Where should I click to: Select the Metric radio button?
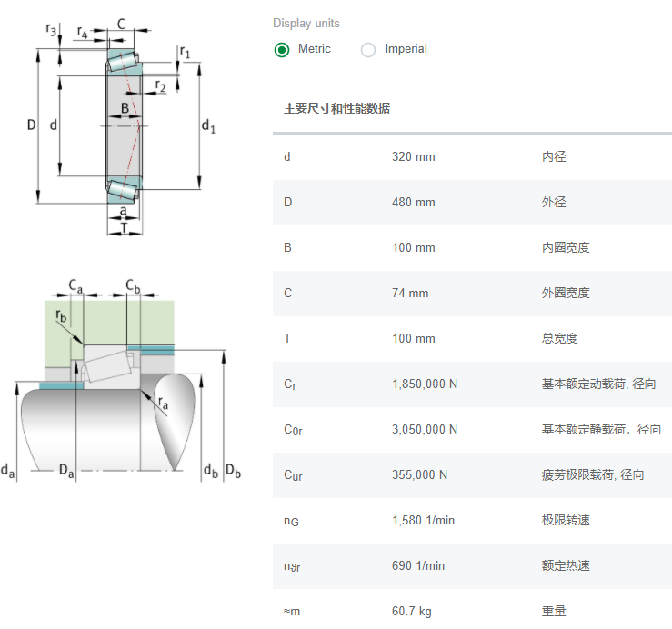(x=282, y=50)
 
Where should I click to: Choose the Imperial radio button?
(x=368, y=50)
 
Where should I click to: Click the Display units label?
(x=306, y=23)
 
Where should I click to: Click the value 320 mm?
(x=413, y=156)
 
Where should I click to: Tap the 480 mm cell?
(x=413, y=202)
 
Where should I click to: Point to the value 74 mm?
(x=409, y=293)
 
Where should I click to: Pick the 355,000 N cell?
(x=419, y=474)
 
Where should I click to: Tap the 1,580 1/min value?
(x=423, y=520)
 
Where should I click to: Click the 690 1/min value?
(x=418, y=565)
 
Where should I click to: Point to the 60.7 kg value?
(x=411, y=611)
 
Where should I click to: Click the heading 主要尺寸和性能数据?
(x=336, y=108)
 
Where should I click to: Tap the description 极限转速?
(x=566, y=520)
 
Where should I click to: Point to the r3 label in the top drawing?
(x=51, y=30)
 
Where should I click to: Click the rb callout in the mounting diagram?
(x=61, y=316)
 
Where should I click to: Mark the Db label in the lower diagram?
(x=233, y=471)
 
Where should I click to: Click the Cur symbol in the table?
(x=292, y=475)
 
